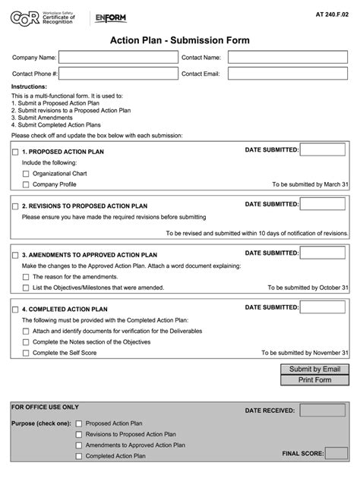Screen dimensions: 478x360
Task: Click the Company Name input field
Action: pyautogui.click(x=117, y=57)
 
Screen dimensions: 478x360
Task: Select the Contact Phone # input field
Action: pyautogui.click(x=117, y=74)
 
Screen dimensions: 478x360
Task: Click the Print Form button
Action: pyautogui.click(x=314, y=379)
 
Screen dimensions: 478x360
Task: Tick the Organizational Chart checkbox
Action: pyautogui.click(x=26, y=173)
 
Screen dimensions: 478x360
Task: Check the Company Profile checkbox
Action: pyautogui.click(x=26, y=184)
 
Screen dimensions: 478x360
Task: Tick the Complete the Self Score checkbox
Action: pyautogui.click(x=26, y=353)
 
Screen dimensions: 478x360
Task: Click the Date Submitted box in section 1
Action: pyautogui.click(x=322, y=150)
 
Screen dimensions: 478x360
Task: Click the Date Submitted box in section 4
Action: pyautogui.click(x=322, y=307)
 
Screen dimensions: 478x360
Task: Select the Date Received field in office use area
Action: pyautogui.click(x=322, y=410)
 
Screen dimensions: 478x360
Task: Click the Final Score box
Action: pyautogui.click(x=336, y=453)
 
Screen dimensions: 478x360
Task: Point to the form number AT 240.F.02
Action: pyautogui.click(x=333, y=14)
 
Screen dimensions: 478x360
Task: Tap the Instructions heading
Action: pyautogui.click(x=29, y=87)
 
